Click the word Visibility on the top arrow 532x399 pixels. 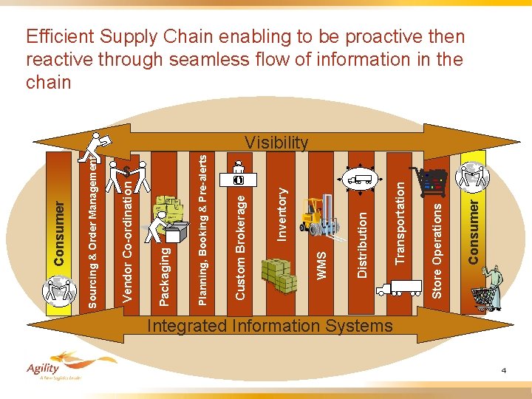tap(276, 143)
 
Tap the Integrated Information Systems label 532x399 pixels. tap(270, 326)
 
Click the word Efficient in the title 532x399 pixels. tap(61, 36)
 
